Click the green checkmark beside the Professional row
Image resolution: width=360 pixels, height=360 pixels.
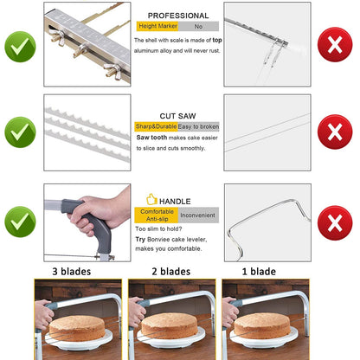[x=20, y=47]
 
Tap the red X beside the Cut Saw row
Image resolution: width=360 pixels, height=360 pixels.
[x=335, y=132]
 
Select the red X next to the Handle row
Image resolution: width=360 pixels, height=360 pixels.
[x=335, y=222]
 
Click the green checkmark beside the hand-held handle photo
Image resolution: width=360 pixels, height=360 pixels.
[x=20, y=222]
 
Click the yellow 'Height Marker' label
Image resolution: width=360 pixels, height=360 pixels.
[x=157, y=26]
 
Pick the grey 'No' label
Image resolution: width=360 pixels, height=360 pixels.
[x=198, y=26]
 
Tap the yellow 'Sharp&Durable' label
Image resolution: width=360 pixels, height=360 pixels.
[x=156, y=126]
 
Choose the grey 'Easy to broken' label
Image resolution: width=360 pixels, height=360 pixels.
[x=198, y=126]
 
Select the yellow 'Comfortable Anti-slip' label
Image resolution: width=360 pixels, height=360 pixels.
[x=157, y=215]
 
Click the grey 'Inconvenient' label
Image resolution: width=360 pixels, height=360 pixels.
[x=198, y=215]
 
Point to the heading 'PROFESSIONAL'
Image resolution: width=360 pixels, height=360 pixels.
[x=178, y=16]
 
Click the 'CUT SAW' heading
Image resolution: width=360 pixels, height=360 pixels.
[x=177, y=116]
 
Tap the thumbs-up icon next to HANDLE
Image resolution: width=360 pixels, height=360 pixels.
[x=151, y=199]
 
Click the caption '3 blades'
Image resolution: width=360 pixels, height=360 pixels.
[x=72, y=272]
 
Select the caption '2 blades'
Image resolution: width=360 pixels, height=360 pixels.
[x=171, y=272]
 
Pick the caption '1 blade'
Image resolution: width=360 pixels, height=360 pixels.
[x=259, y=272]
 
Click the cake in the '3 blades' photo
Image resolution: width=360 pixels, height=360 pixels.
[x=77, y=328]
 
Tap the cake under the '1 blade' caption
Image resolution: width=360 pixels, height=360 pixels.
[x=262, y=325]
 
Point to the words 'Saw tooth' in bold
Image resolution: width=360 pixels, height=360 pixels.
[x=151, y=138]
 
